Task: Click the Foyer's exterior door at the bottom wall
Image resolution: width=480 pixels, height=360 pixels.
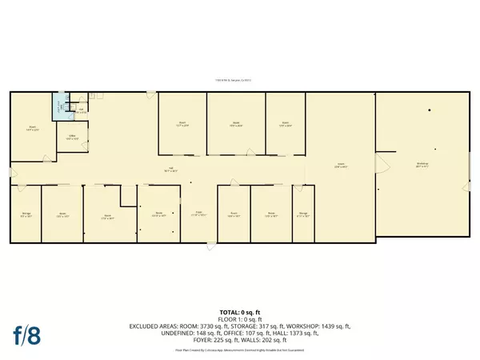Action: click(210, 243)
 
